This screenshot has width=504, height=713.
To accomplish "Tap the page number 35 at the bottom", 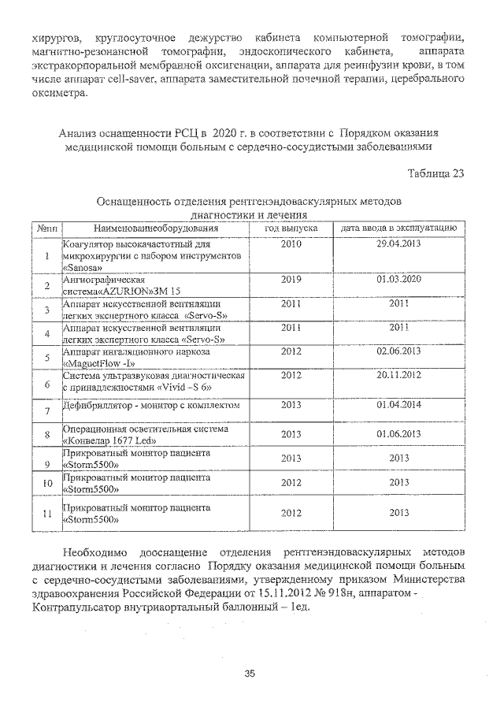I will tap(250, 673).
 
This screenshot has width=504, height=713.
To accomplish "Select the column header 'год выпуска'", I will tap(291, 228).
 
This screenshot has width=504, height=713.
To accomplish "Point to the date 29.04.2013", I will tap(399, 243).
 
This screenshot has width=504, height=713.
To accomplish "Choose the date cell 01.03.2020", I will tap(399, 279).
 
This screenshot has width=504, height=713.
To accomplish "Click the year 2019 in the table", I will tap(291, 279).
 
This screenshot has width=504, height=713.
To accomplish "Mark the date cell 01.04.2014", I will tap(399, 405).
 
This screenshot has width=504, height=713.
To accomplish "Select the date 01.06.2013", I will tap(399, 434).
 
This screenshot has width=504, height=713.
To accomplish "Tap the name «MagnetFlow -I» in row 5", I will tap(99, 363).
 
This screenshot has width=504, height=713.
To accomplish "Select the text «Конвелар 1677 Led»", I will tap(106, 441).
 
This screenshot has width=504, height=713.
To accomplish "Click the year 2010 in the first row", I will tap(291, 243).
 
